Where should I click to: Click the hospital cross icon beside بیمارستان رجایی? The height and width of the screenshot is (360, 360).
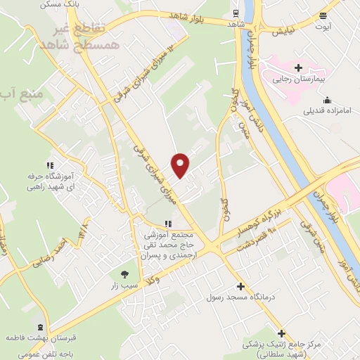click(299, 68)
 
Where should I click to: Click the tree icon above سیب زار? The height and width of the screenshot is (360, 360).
click(124, 274)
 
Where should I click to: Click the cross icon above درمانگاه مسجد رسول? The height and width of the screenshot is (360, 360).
click(241, 286)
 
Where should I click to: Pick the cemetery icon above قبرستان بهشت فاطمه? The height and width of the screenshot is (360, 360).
click(40, 327)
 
